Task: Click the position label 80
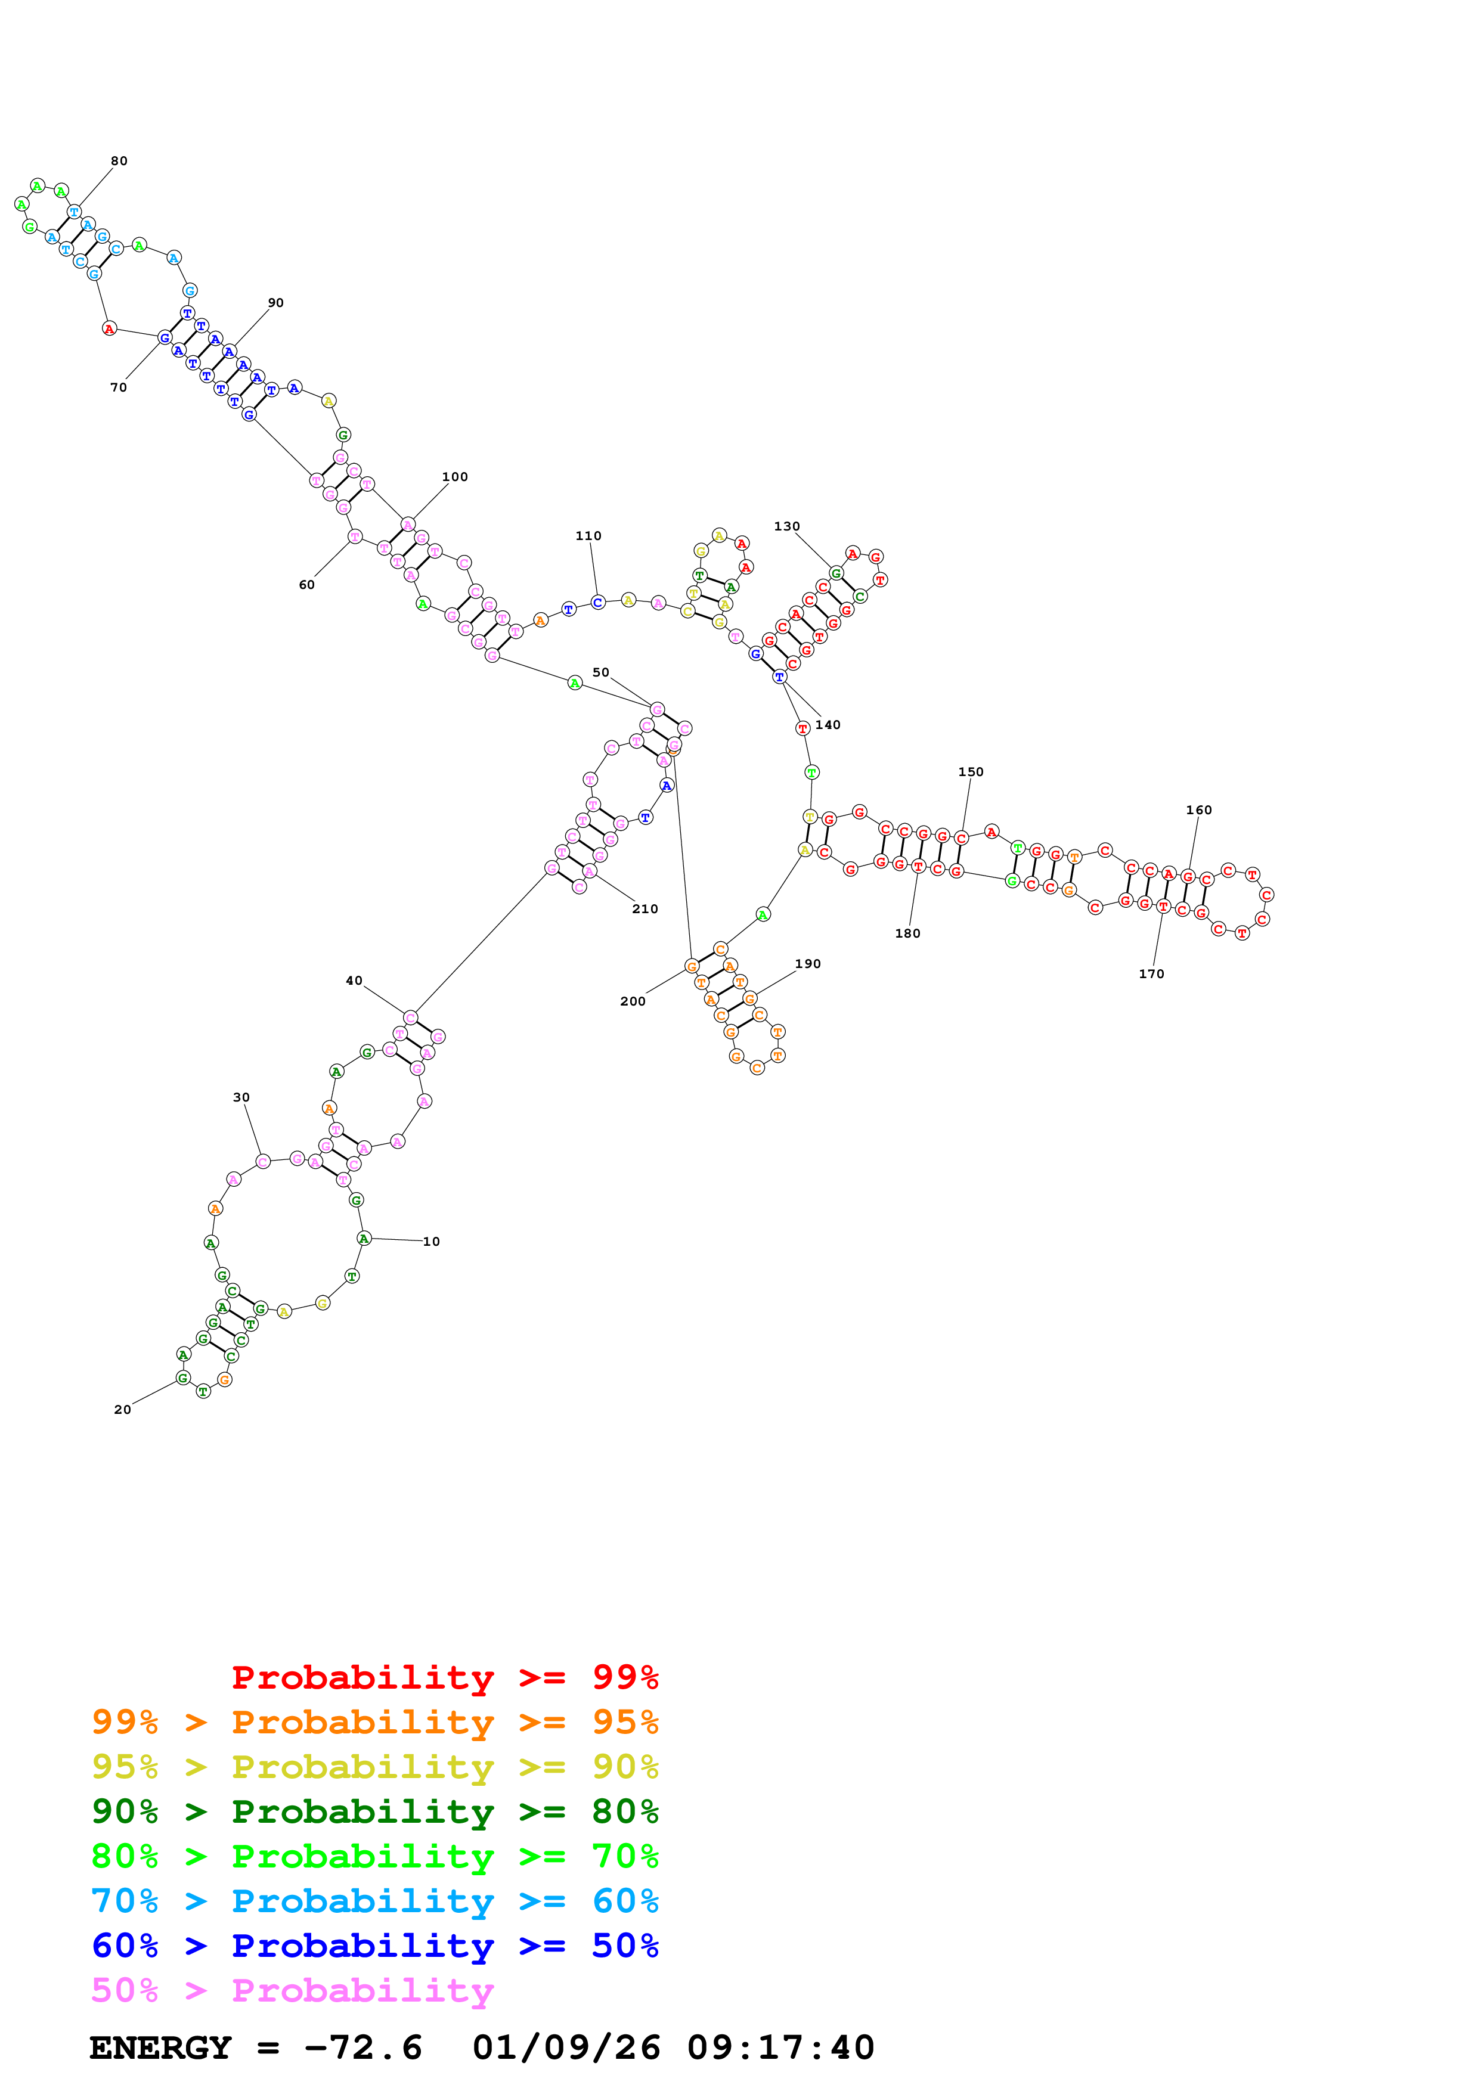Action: [x=119, y=161]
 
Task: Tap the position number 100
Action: [x=454, y=477]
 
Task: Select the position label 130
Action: [x=787, y=526]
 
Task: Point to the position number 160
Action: [x=1198, y=811]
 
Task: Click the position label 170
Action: [x=1151, y=975]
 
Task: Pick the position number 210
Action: [x=645, y=909]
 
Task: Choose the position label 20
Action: [x=122, y=1410]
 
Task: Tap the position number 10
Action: [x=432, y=1241]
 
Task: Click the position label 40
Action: [x=354, y=981]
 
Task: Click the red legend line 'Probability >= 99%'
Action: [x=444, y=1677]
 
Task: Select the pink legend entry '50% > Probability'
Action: [x=292, y=1991]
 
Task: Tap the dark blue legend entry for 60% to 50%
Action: [x=374, y=1946]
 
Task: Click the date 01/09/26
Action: [x=566, y=2048]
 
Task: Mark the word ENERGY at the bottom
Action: [x=160, y=2048]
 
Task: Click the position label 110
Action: [x=588, y=536]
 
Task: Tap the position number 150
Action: [x=971, y=773]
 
